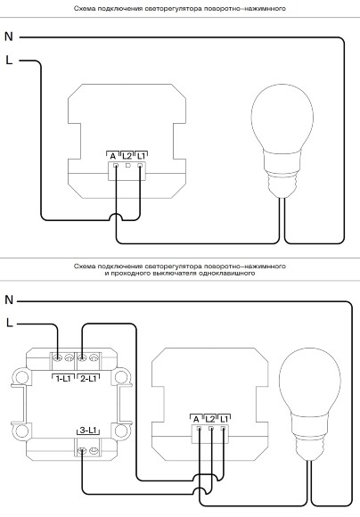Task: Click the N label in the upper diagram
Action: coord(9,37)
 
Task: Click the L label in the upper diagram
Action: coord(9,60)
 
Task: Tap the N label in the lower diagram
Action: coord(9,300)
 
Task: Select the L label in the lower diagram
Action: coord(10,323)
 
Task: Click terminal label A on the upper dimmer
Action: coord(113,156)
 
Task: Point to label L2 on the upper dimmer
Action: coord(127,156)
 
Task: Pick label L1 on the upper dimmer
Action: coord(141,156)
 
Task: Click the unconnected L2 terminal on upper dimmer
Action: coord(128,165)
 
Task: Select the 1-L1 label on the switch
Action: coord(63,379)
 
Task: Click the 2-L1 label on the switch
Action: coord(88,379)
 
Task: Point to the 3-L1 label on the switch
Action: coord(88,431)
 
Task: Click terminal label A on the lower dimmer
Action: coord(196,420)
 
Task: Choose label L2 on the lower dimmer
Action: coord(210,420)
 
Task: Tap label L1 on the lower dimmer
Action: coord(224,420)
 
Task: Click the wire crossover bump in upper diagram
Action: coord(116,215)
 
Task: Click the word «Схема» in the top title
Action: coord(82,9)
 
